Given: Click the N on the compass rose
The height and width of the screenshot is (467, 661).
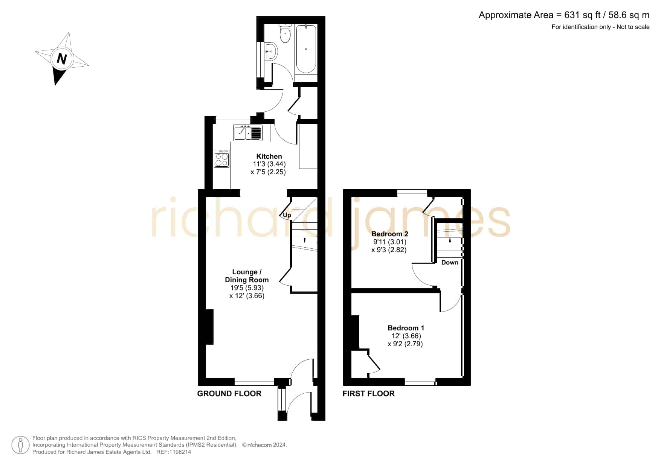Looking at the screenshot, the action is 62,59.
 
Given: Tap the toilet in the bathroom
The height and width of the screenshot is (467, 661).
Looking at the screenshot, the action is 285,33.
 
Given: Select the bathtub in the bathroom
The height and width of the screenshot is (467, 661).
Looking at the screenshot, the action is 306,49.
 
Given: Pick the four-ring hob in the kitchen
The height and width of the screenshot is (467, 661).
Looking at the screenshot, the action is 221,158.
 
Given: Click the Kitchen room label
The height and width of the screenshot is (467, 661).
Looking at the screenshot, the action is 269,156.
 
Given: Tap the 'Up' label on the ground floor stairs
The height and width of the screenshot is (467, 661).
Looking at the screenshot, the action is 287,215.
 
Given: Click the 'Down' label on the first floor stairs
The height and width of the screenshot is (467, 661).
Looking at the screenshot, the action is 450,262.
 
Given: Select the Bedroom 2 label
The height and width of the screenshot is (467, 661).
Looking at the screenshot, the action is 390,234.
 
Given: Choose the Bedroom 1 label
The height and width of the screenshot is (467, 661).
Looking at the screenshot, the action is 406,328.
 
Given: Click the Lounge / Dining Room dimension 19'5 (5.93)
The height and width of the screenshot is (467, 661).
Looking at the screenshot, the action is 247,288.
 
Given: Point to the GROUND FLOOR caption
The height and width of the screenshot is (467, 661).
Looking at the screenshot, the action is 229,394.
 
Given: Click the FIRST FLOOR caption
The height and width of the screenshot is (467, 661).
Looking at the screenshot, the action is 369,394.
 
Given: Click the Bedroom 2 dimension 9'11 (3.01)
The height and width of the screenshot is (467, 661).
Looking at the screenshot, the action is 390,242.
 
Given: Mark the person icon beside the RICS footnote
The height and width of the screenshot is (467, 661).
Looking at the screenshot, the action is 20,445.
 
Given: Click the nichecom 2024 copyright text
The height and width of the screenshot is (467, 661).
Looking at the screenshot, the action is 264,445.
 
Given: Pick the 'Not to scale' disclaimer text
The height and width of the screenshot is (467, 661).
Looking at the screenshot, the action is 633,27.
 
